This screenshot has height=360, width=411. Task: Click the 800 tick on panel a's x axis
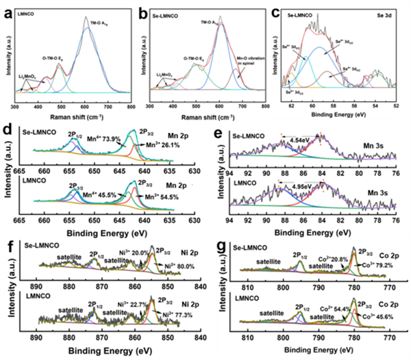[130, 107]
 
